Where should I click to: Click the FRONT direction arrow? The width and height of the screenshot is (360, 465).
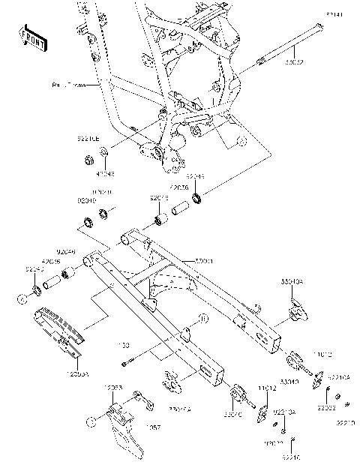[30, 37]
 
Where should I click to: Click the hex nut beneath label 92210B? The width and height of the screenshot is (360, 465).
[88, 159]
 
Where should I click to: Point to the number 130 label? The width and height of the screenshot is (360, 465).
[122, 345]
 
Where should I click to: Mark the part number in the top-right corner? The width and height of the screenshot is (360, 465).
[333, 14]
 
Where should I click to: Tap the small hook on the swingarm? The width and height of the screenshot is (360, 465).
[255, 307]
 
